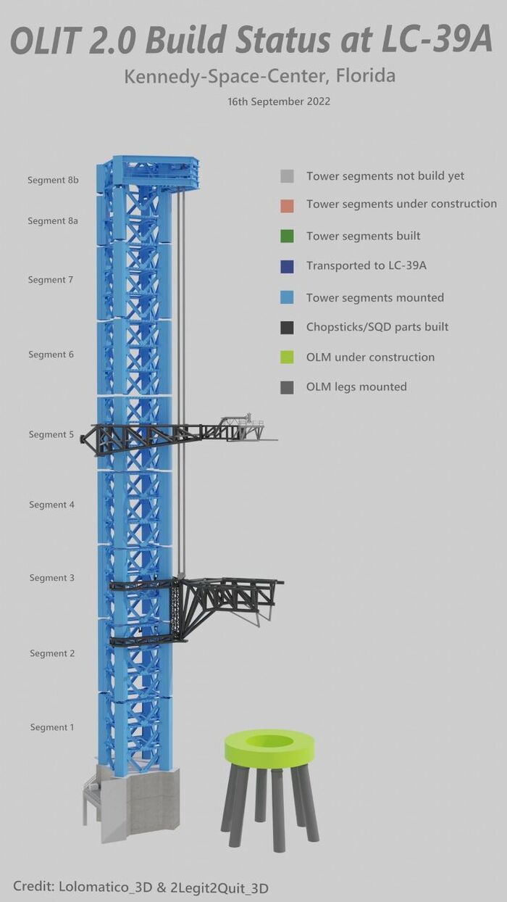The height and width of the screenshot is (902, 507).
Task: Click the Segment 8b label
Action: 53,180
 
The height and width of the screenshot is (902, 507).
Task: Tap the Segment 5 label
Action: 51,434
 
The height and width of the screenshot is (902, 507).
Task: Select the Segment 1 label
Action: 52,727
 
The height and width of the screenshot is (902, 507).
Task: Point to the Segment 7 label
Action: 51,280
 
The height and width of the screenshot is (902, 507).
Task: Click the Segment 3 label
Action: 52,578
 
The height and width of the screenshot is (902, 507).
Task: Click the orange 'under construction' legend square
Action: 287,205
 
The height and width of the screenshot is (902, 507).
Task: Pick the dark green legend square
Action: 287,236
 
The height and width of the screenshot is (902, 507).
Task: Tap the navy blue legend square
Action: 287,266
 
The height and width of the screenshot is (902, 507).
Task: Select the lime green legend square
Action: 287,357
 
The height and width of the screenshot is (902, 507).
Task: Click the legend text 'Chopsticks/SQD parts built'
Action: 377,327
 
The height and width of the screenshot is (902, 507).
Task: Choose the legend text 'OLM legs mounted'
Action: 356,387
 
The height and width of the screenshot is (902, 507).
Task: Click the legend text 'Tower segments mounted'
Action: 375,297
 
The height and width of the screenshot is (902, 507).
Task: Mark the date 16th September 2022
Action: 279,102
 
